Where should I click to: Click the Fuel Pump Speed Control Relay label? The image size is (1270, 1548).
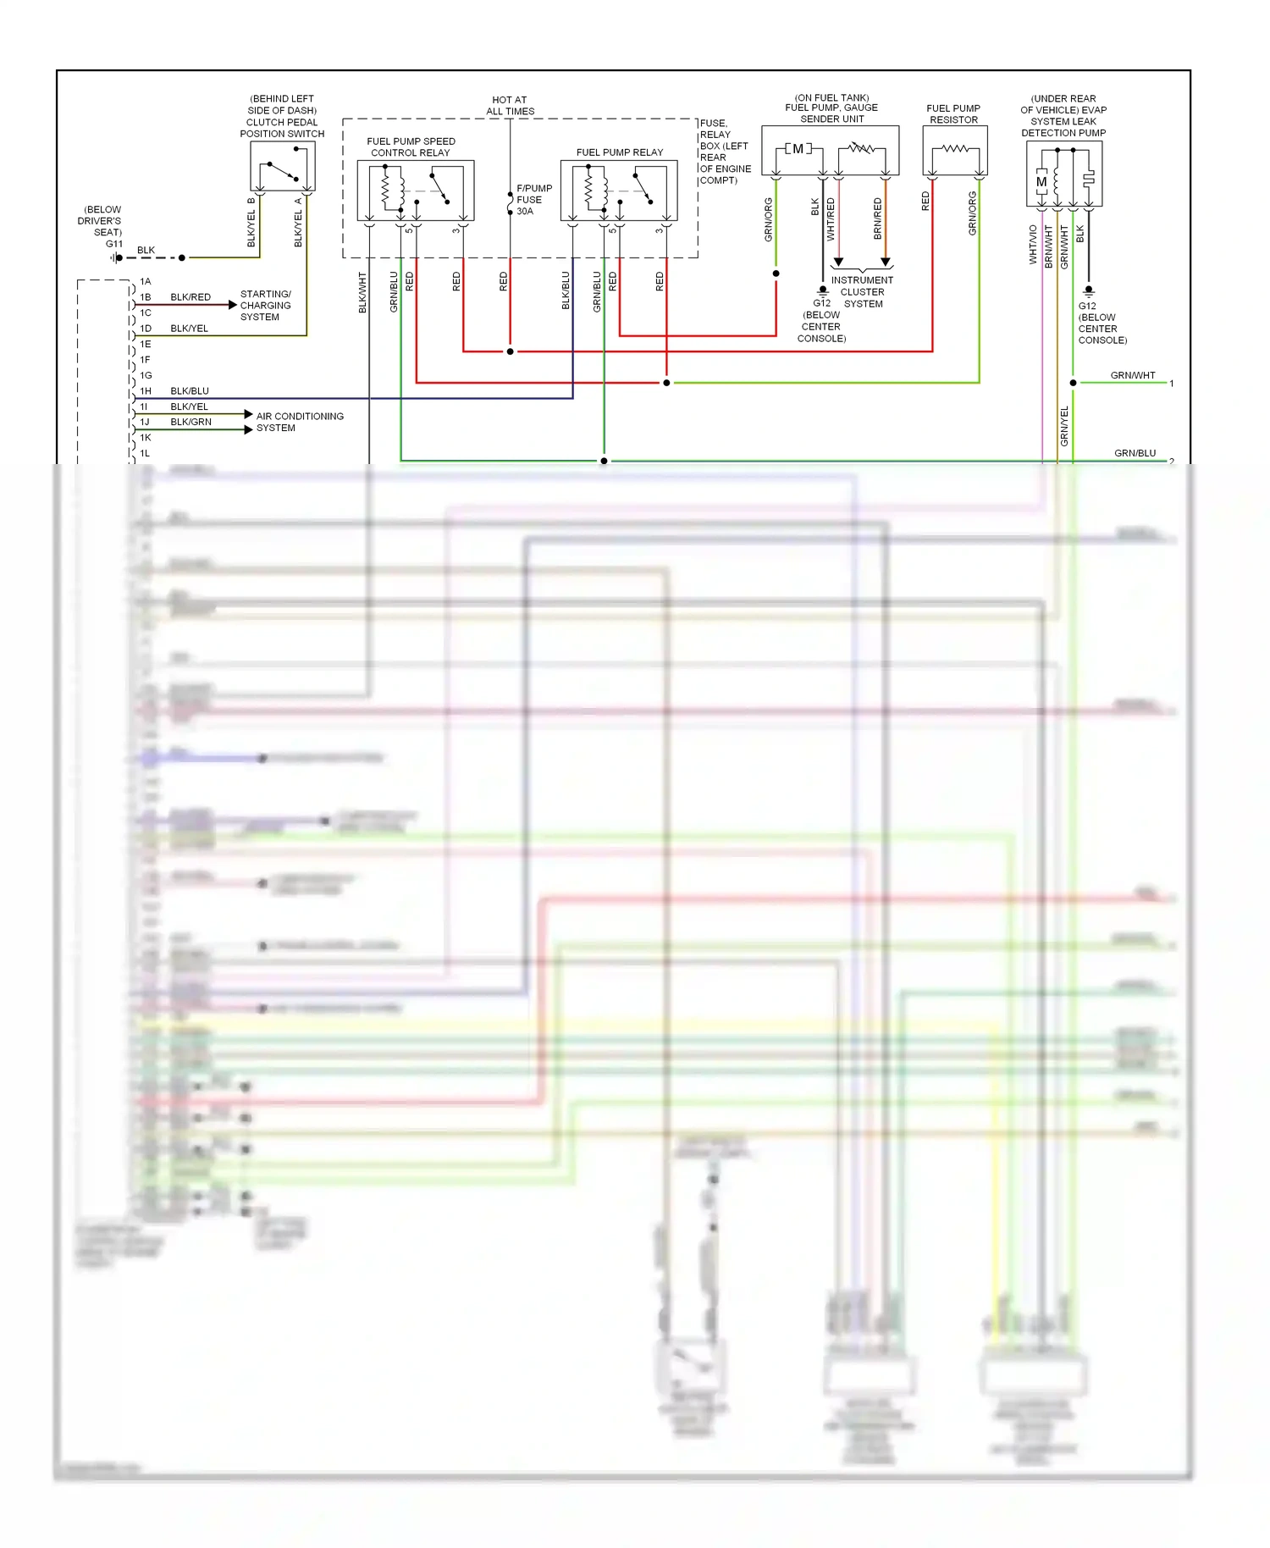pyautogui.click(x=411, y=147)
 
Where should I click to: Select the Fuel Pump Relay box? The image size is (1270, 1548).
pyautogui.click(x=619, y=191)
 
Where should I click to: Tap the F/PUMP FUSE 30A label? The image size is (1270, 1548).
pyautogui.click(x=533, y=200)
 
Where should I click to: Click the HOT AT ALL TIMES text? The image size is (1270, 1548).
pyautogui.click(x=510, y=105)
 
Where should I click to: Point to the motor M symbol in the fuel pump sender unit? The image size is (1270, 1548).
pyautogui.click(x=798, y=149)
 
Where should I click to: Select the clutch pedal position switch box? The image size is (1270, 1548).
pyautogui.click(x=283, y=167)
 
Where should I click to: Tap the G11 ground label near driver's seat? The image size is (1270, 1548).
pyautogui.click(x=113, y=244)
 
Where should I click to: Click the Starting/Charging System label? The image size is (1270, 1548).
pyautogui.click(x=265, y=306)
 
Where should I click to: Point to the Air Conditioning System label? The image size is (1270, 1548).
pyautogui.click(x=300, y=422)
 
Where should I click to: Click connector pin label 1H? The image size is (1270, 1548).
pyautogui.click(x=146, y=391)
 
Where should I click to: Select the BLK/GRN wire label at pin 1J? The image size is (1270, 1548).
pyautogui.click(x=190, y=422)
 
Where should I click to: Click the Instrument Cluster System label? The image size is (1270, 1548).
pyautogui.click(x=862, y=292)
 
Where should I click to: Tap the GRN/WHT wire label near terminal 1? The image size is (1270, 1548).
pyautogui.click(x=1132, y=375)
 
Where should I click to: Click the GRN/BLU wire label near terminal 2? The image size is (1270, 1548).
pyautogui.click(x=1135, y=453)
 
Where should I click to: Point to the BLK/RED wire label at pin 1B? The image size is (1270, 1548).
pyautogui.click(x=190, y=297)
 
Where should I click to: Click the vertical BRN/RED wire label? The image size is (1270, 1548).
pyautogui.click(x=878, y=218)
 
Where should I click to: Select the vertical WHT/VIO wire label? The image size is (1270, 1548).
pyautogui.click(x=1033, y=245)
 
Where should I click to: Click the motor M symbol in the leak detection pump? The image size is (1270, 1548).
pyautogui.click(x=1041, y=182)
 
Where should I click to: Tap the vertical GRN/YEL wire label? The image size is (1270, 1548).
pyautogui.click(x=1064, y=426)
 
